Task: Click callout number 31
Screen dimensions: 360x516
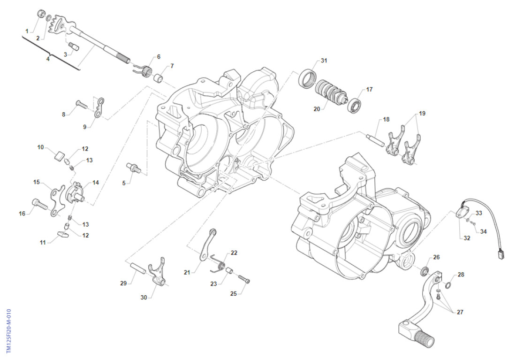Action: click(x=324, y=61)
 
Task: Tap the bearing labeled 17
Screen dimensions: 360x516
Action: click(x=355, y=104)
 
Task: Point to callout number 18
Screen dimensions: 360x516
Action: click(x=386, y=120)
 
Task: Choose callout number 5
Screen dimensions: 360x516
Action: click(x=124, y=183)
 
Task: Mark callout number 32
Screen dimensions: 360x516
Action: click(x=467, y=238)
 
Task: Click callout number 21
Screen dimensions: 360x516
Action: click(x=187, y=272)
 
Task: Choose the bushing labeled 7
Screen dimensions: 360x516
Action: click(x=160, y=76)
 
